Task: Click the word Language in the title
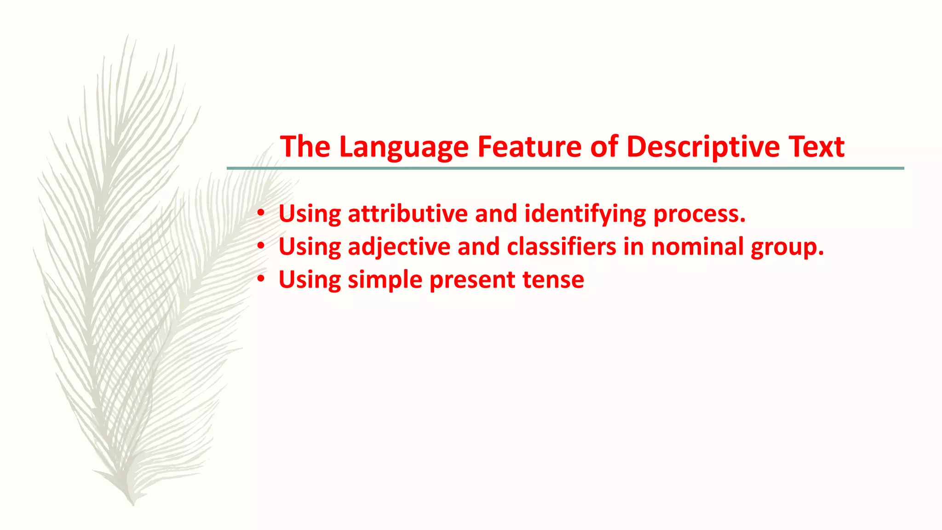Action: coord(403,147)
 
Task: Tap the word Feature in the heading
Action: coord(529,147)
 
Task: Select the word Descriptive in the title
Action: coord(703,147)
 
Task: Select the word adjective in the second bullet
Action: coord(399,247)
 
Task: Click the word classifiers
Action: coord(561,247)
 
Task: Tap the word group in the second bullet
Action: coord(787,248)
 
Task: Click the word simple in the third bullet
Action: coord(385,280)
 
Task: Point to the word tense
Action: coord(553,280)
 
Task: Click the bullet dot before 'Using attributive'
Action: coord(261,213)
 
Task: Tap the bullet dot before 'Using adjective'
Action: coord(261,246)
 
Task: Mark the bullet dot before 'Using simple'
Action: coord(261,279)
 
